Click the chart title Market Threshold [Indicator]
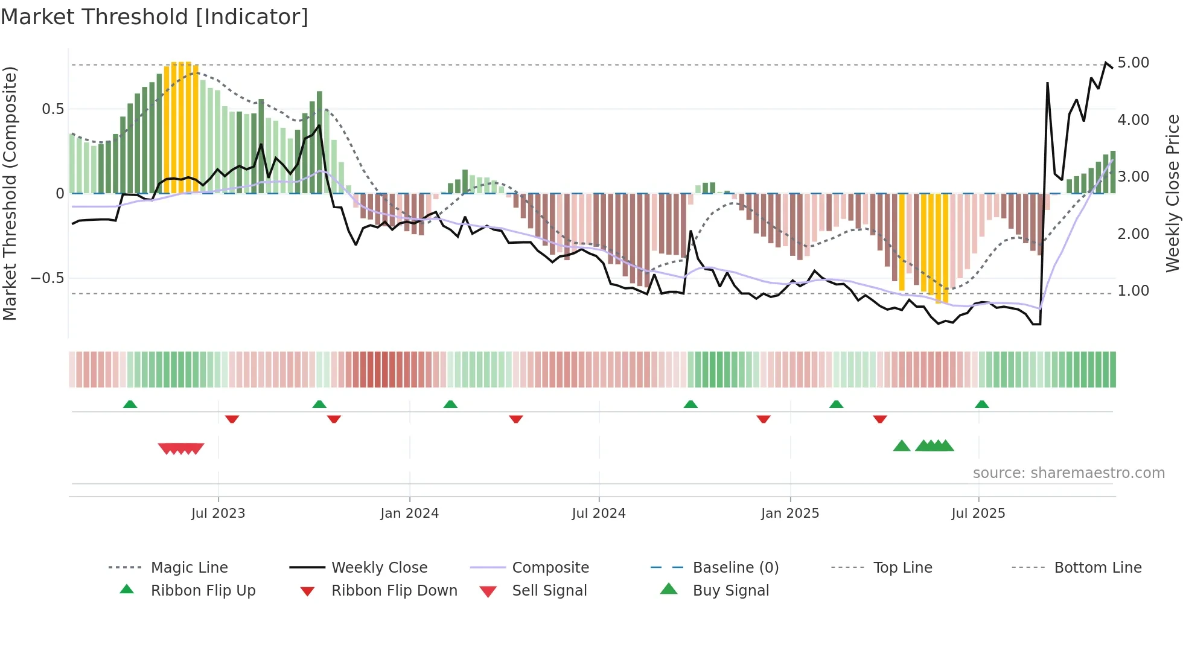point(155,17)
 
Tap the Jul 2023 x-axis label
point(218,514)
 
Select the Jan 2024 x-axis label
point(409,514)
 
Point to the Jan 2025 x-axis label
point(789,514)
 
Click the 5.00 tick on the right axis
point(1133,63)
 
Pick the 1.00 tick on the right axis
point(1133,291)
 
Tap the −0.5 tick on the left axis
point(48,278)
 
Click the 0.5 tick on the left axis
point(53,109)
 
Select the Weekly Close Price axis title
point(1172,193)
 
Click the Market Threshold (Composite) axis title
point(10,193)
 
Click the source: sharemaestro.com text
point(1068,473)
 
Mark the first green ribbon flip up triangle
point(130,404)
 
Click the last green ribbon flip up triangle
point(981,404)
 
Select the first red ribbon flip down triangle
point(232,419)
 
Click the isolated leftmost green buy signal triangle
point(901,446)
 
